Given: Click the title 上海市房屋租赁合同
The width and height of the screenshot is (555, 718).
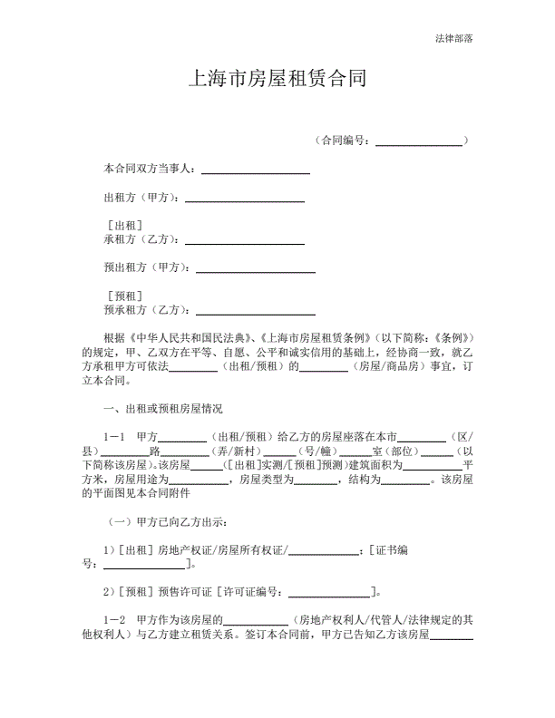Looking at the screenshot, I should pyautogui.click(x=277, y=80).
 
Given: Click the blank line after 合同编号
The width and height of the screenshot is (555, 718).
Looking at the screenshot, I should pyautogui.click(x=418, y=142).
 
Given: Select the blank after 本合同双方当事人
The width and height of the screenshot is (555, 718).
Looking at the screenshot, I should pyautogui.click(x=255, y=170).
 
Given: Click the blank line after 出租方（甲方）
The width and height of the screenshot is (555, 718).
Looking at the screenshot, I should pyautogui.click(x=244, y=199).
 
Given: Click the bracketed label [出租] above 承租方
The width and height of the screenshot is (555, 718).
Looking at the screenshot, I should pyautogui.click(x=123, y=226).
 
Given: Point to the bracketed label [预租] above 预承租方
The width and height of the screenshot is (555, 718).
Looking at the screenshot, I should pyautogui.click(x=123, y=296).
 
